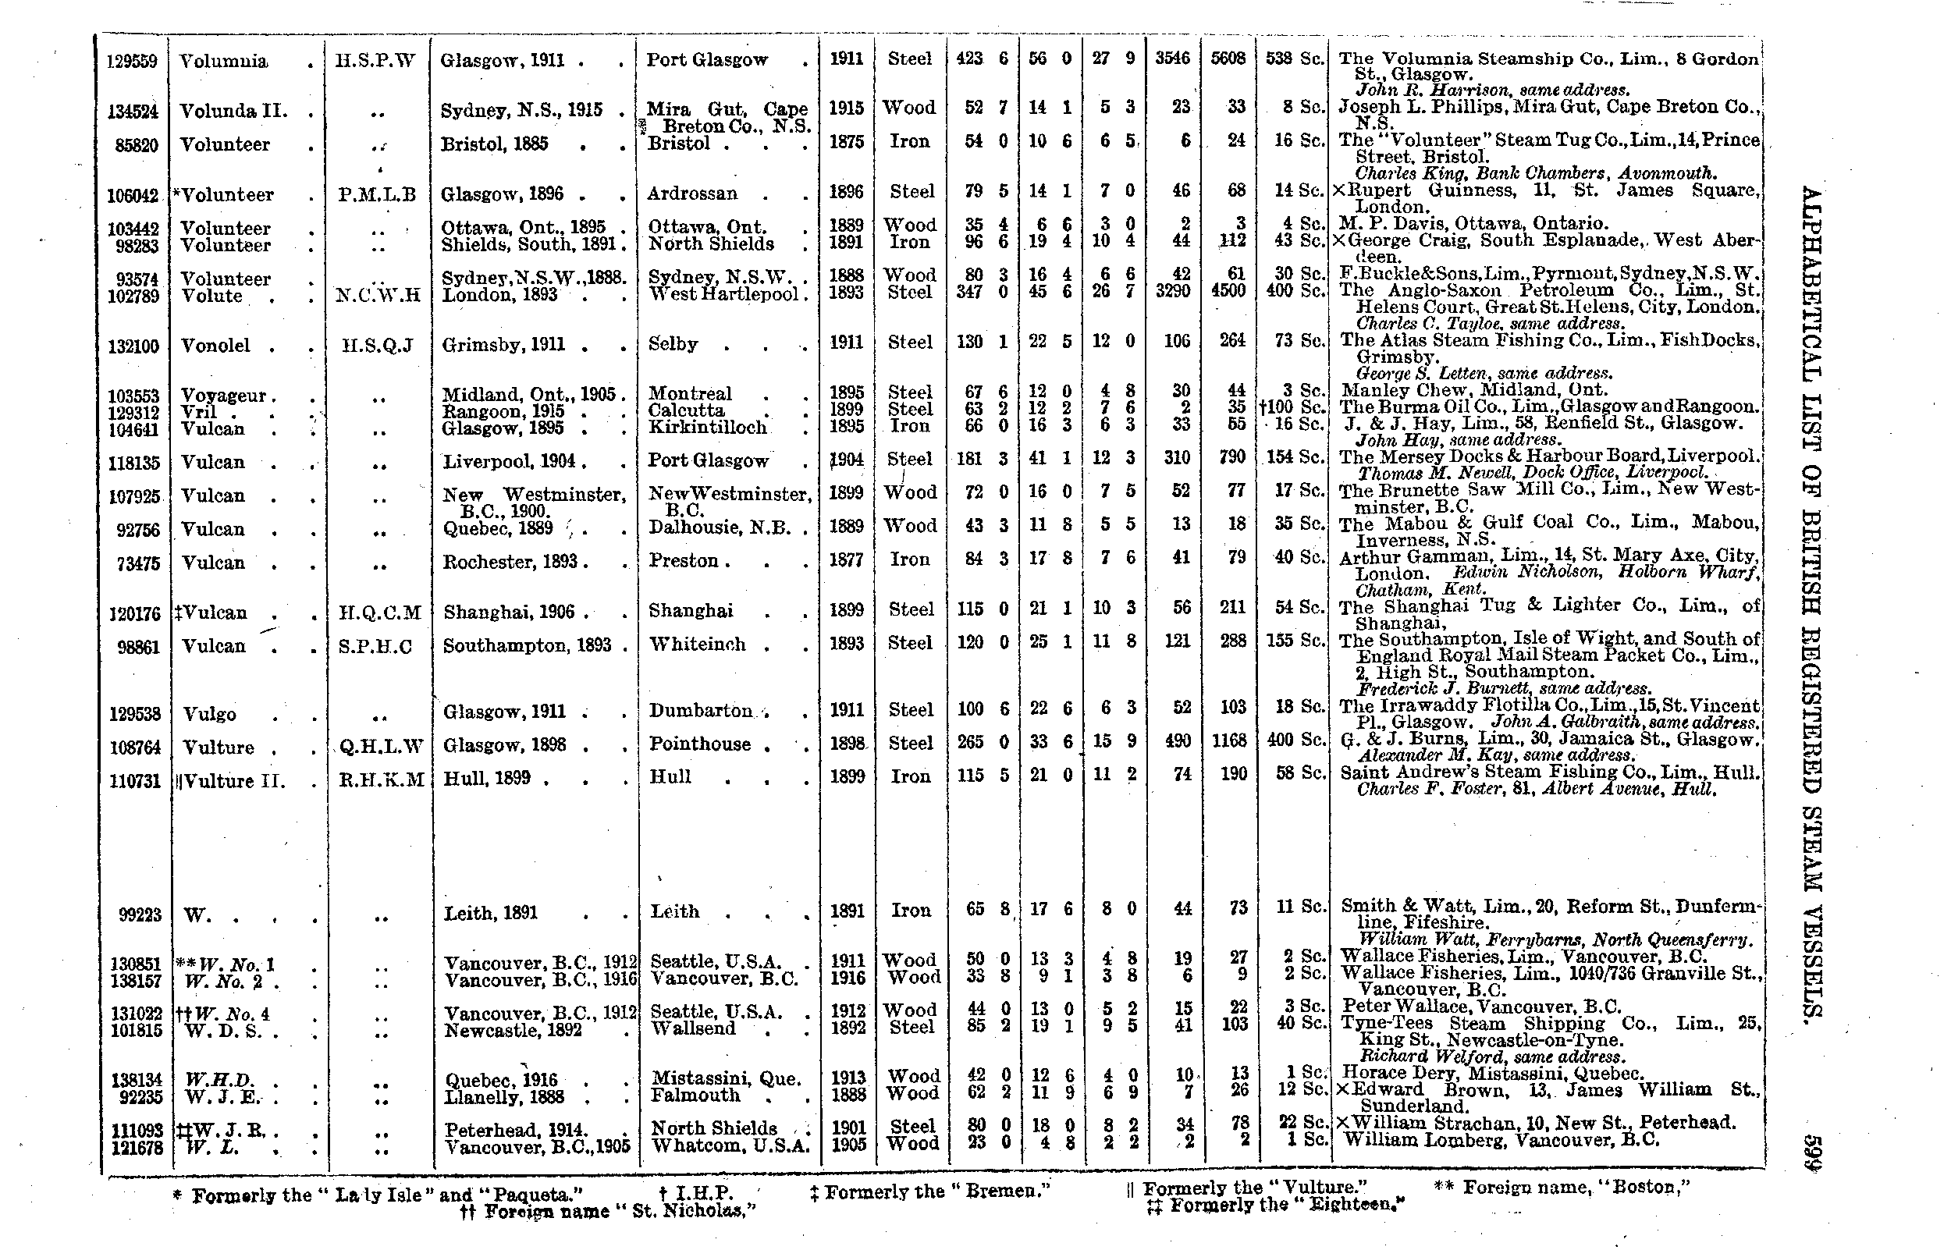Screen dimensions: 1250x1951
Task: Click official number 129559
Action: [133, 62]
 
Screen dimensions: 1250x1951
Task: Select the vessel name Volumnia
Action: [223, 62]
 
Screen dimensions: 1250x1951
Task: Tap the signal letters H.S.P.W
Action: [375, 61]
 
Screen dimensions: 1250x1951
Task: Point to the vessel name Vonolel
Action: [215, 346]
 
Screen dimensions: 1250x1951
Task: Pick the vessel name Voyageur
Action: [224, 396]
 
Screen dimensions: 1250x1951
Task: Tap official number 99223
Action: [140, 914]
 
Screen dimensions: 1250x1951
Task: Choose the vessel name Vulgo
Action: [209, 714]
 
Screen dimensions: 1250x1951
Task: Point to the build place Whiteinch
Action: [697, 645]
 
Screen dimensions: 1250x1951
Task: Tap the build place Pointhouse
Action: [700, 744]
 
